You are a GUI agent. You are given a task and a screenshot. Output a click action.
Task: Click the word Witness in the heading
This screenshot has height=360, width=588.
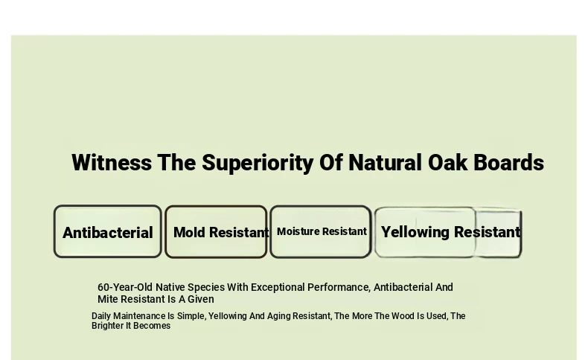click(112, 163)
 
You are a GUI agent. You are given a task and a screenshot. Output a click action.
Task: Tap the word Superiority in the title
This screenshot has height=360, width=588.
click(258, 164)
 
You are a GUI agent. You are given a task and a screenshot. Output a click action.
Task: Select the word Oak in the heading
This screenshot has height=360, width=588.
click(448, 163)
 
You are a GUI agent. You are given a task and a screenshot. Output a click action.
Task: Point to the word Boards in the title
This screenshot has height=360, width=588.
click(508, 163)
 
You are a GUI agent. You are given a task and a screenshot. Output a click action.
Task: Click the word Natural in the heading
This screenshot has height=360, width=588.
click(385, 163)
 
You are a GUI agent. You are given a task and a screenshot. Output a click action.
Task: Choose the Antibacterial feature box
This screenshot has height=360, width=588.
click(108, 231)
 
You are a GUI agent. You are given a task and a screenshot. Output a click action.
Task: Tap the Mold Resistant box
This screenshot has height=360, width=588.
click(216, 232)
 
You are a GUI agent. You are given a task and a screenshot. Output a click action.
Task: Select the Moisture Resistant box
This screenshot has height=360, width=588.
click(321, 232)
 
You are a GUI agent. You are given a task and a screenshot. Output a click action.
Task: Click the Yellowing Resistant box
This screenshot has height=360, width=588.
click(448, 232)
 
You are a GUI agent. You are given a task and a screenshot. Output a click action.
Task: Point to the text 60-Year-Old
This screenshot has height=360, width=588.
click(125, 287)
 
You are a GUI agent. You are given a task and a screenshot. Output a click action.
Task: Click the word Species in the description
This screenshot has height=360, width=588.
click(206, 287)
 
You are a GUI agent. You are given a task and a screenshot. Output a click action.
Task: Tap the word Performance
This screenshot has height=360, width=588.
click(339, 287)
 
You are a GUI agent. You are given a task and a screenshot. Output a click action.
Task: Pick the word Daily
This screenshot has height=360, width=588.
click(101, 316)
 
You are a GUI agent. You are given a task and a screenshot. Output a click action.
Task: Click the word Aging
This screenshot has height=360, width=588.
click(278, 316)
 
